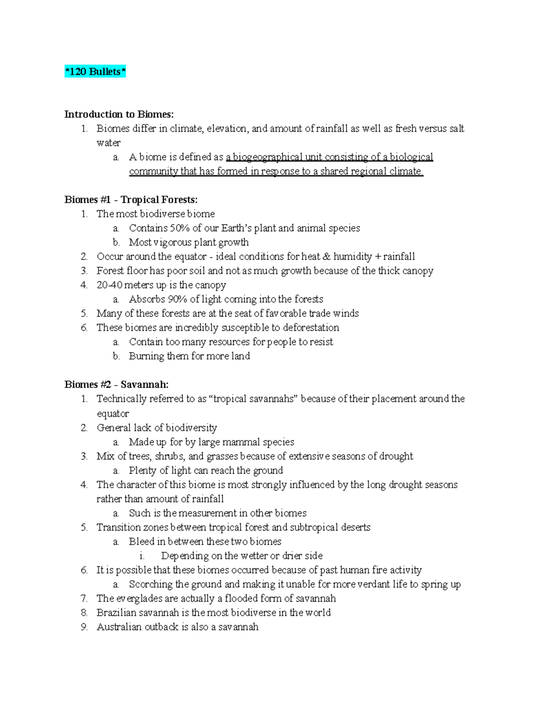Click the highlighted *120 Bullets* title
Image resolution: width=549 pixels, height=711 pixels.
(x=95, y=72)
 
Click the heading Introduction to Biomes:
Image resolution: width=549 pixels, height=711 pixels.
(x=119, y=114)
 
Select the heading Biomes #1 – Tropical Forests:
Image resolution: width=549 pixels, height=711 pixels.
(x=131, y=200)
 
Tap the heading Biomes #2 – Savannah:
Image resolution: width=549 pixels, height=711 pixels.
(x=116, y=385)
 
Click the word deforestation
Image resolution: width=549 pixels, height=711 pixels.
(x=311, y=328)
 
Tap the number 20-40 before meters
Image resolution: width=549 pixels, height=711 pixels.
(x=109, y=285)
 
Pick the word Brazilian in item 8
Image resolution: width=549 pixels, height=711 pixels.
(x=116, y=613)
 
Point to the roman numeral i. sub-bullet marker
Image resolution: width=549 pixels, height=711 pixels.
(x=142, y=556)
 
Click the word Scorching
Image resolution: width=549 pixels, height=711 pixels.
(x=151, y=584)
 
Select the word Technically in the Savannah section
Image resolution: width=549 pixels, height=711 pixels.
(x=120, y=399)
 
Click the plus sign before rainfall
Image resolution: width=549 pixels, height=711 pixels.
(x=377, y=256)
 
